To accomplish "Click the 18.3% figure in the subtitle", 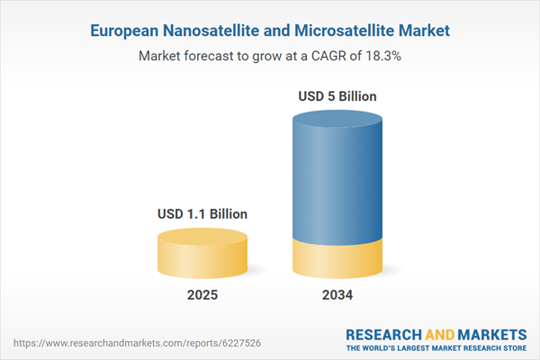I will [379, 56].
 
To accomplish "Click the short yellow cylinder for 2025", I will [202, 256].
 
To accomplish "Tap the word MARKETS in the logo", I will [492, 332].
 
